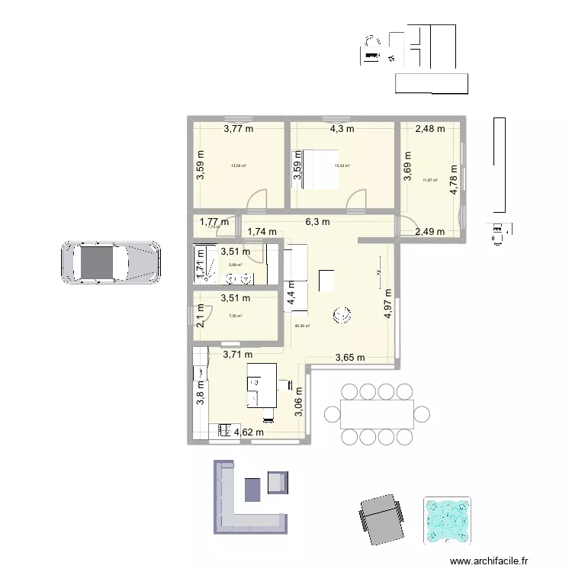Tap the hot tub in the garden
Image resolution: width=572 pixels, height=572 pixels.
(x=448, y=522)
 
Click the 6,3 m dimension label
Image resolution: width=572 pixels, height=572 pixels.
(x=317, y=223)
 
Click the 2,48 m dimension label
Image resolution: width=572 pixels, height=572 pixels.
(x=429, y=129)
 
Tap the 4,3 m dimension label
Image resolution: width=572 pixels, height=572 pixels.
(x=342, y=129)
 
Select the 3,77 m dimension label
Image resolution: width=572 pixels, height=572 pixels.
(x=238, y=129)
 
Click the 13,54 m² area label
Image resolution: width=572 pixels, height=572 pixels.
(x=238, y=165)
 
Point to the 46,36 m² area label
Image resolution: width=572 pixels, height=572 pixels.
(x=302, y=326)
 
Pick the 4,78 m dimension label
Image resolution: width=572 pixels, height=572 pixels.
(x=455, y=181)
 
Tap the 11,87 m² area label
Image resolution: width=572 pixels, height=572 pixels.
(x=430, y=181)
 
